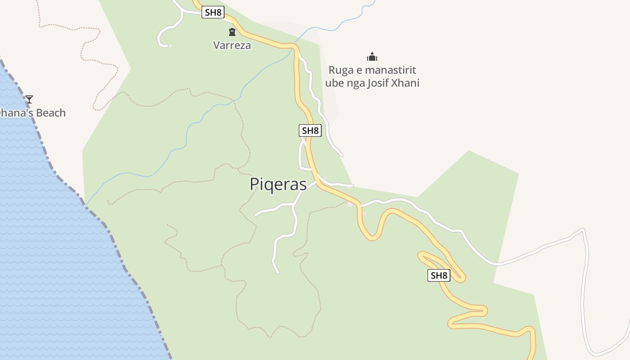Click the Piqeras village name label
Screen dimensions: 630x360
point(278,184)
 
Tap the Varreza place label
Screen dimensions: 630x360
point(232,45)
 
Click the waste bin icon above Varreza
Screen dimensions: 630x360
point(232,32)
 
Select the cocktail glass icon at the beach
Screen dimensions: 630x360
point(29,99)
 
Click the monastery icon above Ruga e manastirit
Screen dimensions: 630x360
point(372,57)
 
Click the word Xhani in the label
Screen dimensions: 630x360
point(405,83)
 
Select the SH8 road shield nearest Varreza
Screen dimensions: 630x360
point(213,12)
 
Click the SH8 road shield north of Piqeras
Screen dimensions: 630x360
point(310,130)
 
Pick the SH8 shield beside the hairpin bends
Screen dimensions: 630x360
point(439,275)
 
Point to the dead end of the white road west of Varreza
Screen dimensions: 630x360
point(168,45)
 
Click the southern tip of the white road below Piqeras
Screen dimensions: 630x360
point(278,272)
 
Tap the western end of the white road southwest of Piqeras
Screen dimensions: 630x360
point(256,215)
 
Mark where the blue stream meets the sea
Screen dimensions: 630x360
point(85,205)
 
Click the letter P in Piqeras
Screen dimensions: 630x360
point(255,184)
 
